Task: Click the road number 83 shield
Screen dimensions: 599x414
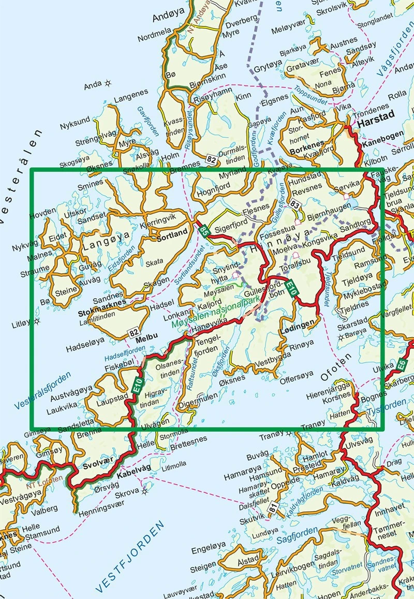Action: click(295, 203)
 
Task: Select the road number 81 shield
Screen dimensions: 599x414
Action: click(273, 509)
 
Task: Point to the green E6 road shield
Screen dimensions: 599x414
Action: click(401, 366)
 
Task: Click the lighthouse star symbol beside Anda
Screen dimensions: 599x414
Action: click(108, 83)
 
